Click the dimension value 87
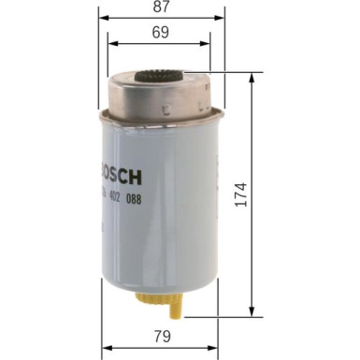point(161,7)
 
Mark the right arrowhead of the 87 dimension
point(223,18)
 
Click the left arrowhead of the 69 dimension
point(111,44)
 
